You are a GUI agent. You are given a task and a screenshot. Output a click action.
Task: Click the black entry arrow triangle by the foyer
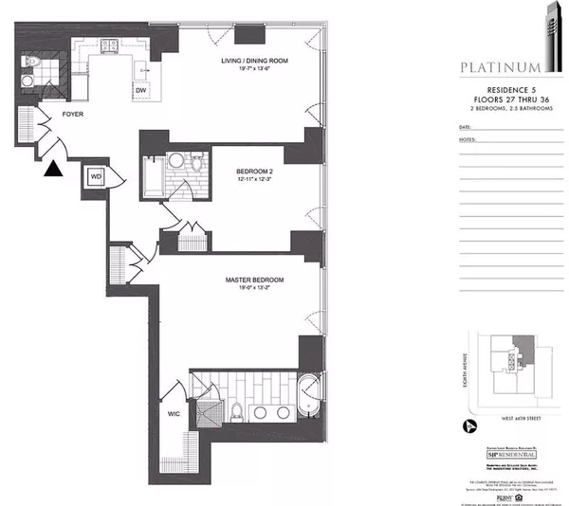[x=54, y=170]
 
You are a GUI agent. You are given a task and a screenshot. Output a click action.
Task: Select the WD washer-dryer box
[x=96, y=176]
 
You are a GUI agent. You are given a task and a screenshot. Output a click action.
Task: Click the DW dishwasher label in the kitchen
[x=140, y=90]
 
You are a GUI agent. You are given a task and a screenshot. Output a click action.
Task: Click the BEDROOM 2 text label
[x=254, y=172]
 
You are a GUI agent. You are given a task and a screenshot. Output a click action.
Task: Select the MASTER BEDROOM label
[x=254, y=280]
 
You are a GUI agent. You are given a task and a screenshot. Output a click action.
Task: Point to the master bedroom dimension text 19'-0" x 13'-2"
[x=254, y=291]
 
